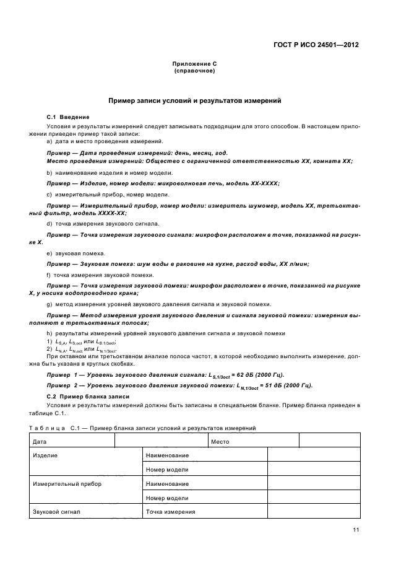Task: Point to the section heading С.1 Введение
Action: tap(68, 116)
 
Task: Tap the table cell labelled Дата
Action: tap(40, 442)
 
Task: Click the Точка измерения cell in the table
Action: tap(171, 512)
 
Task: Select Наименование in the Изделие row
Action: tap(167, 455)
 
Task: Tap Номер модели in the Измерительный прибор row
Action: tap(167, 498)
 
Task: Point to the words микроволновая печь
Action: tap(191, 183)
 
